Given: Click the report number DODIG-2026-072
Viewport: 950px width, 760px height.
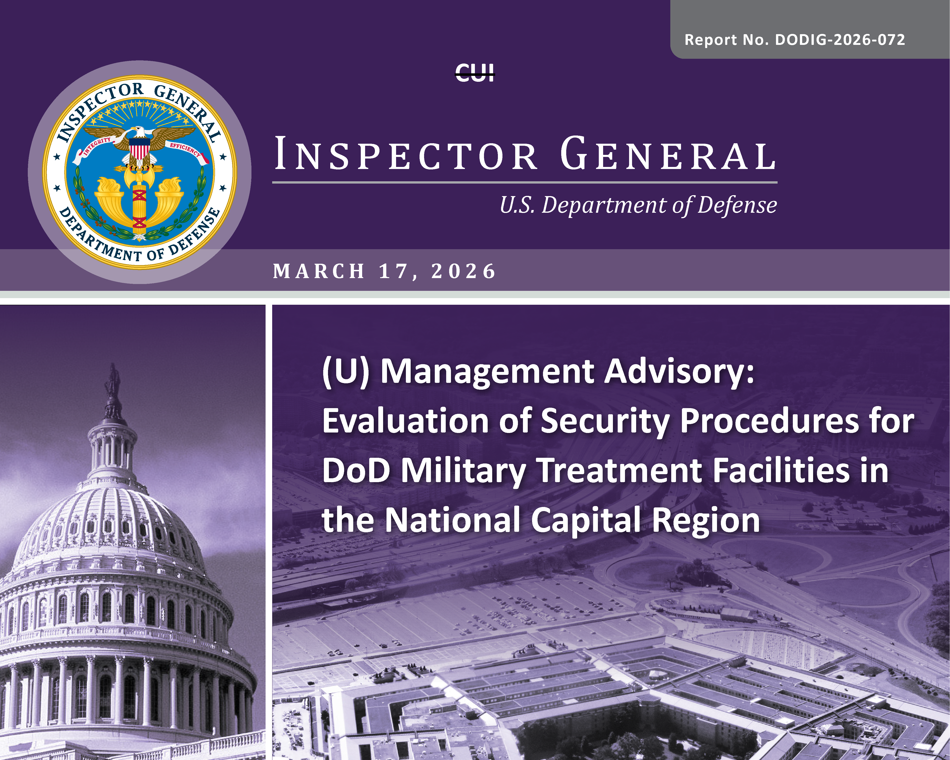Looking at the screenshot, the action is (840, 40).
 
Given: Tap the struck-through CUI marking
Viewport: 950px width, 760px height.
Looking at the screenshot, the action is (475, 72).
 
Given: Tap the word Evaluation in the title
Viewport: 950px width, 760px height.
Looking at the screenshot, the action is (405, 421).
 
